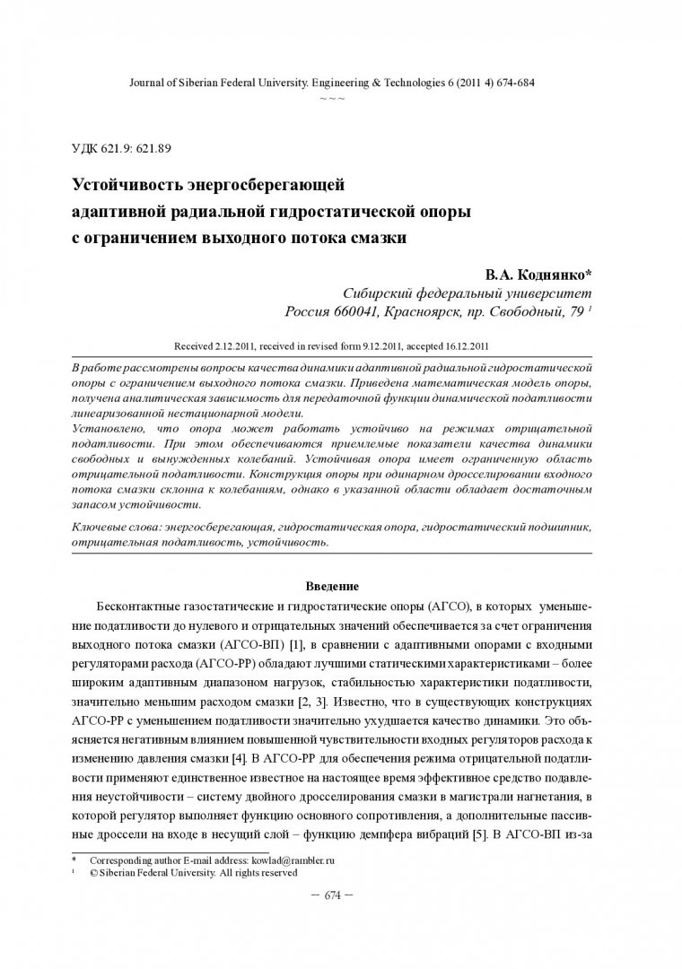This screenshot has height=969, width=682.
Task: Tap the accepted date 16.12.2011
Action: click(x=467, y=345)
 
